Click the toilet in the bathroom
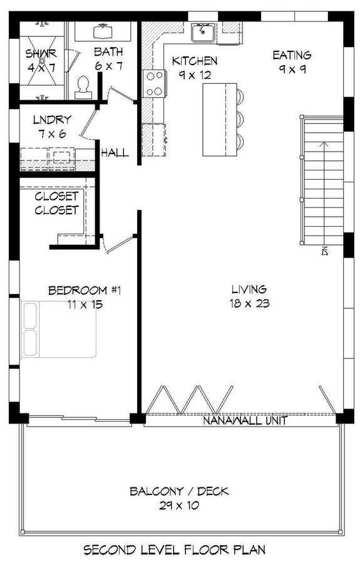tap(83, 86)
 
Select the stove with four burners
tap(153, 83)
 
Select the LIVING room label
tap(249, 289)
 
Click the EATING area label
tap(292, 56)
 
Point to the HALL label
tap(115, 152)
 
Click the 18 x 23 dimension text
tap(249, 304)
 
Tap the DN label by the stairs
tap(325, 251)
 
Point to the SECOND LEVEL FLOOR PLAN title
tap(175, 549)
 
